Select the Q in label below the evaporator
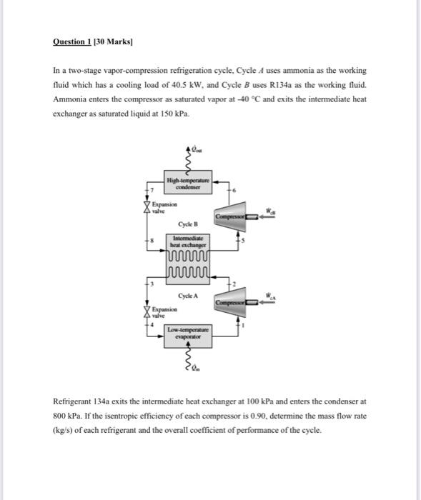click(x=197, y=369)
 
